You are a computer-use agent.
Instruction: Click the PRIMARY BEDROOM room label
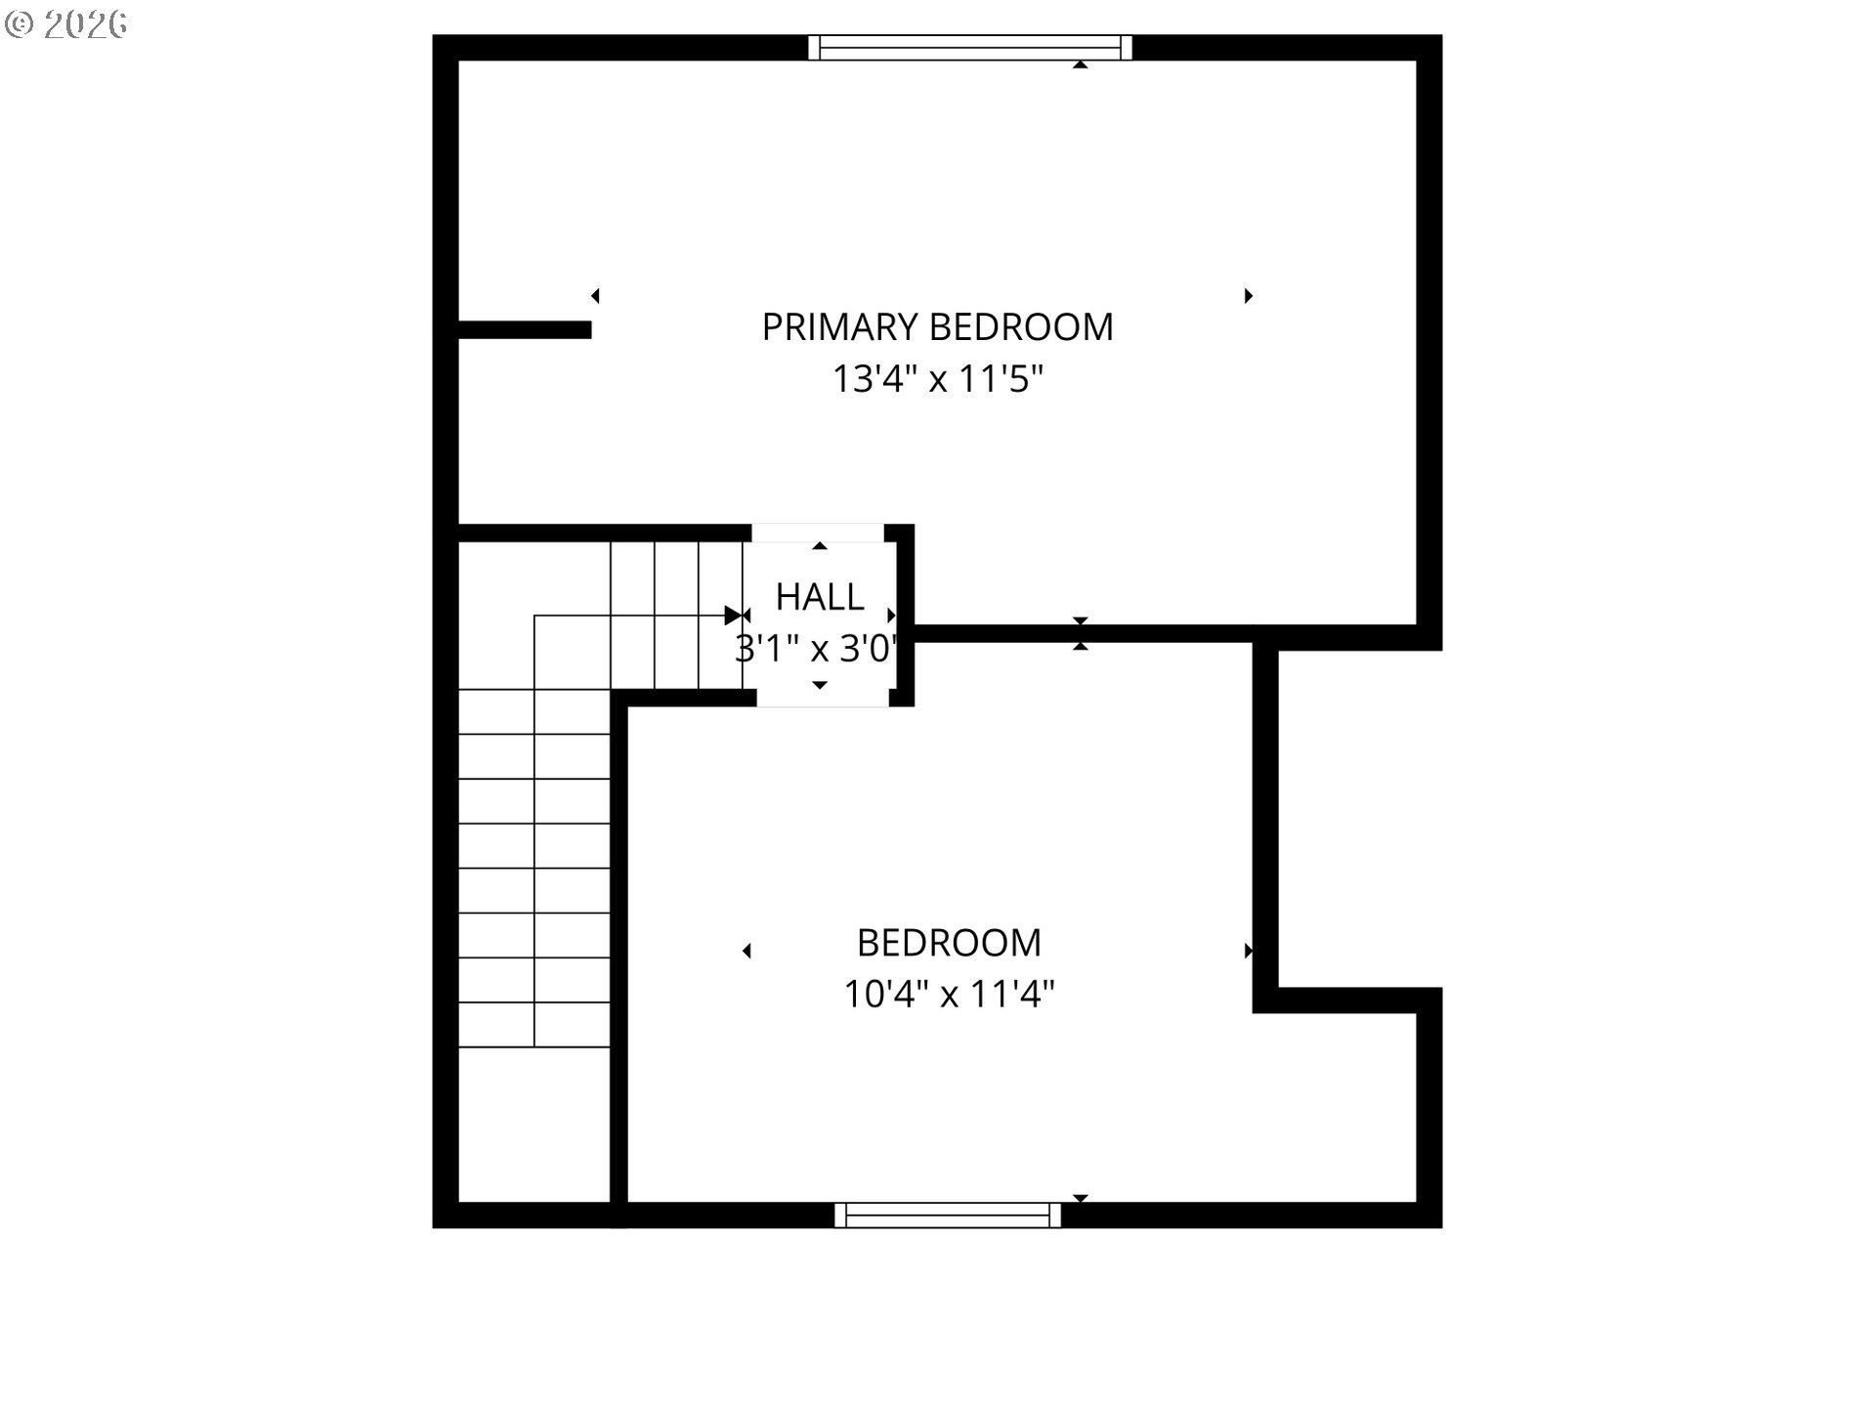pyautogui.click(x=937, y=327)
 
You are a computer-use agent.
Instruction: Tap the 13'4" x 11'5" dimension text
pyautogui.click(x=938, y=379)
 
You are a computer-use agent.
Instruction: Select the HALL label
pyautogui.click(x=820, y=597)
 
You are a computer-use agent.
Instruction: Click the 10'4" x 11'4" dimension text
pyautogui.click(x=949, y=995)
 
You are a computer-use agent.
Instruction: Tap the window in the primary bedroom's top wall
pyautogui.click(x=970, y=47)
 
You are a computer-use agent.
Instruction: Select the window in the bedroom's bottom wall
pyautogui.click(x=948, y=1215)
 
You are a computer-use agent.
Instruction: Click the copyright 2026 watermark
pyautogui.click(x=66, y=24)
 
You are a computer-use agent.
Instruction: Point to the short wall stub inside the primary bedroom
pyautogui.click(x=525, y=330)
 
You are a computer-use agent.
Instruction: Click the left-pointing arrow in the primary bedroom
pyautogui.click(x=595, y=296)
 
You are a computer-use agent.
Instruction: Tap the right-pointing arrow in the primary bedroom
pyautogui.click(x=1249, y=296)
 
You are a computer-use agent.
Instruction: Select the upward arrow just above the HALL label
pyautogui.click(x=820, y=546)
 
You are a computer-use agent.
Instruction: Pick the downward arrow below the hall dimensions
pyautogui.click(x=820, y=685)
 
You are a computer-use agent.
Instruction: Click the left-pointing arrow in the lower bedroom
pyautogui.click(x=746, y=951)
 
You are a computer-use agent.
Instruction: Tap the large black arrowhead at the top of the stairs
pyautogui.click(x=733, y=616)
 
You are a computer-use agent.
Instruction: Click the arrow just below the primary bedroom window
pyautogui.click(x=1081, y=64)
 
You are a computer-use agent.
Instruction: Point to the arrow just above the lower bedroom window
pyautogui.click(x=1081, y=1198)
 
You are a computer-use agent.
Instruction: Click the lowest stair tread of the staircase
pyautogui.click(x=534, y=1025)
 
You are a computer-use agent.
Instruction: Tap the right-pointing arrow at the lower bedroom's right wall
pyautogui.click(x=1249, y=951)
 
